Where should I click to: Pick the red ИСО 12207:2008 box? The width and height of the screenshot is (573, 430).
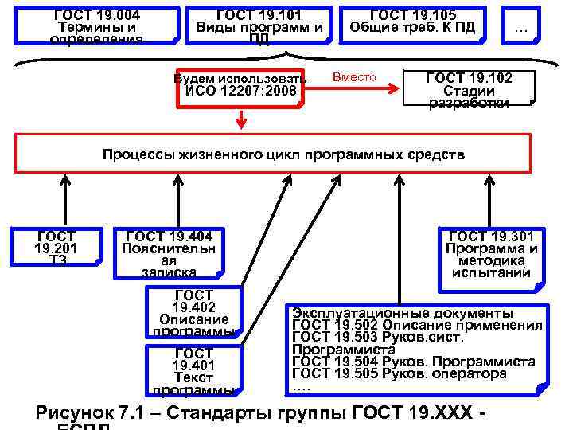click(x=240, y=85)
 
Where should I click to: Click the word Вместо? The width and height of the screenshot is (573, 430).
click(x=353, y=76)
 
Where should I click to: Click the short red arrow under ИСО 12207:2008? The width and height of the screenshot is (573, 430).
click(x=240, y=120)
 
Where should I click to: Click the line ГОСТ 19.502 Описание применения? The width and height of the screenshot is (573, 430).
click(x=417, y=325)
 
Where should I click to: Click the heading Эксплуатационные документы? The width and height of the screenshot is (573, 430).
click(x=402, y=312)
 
